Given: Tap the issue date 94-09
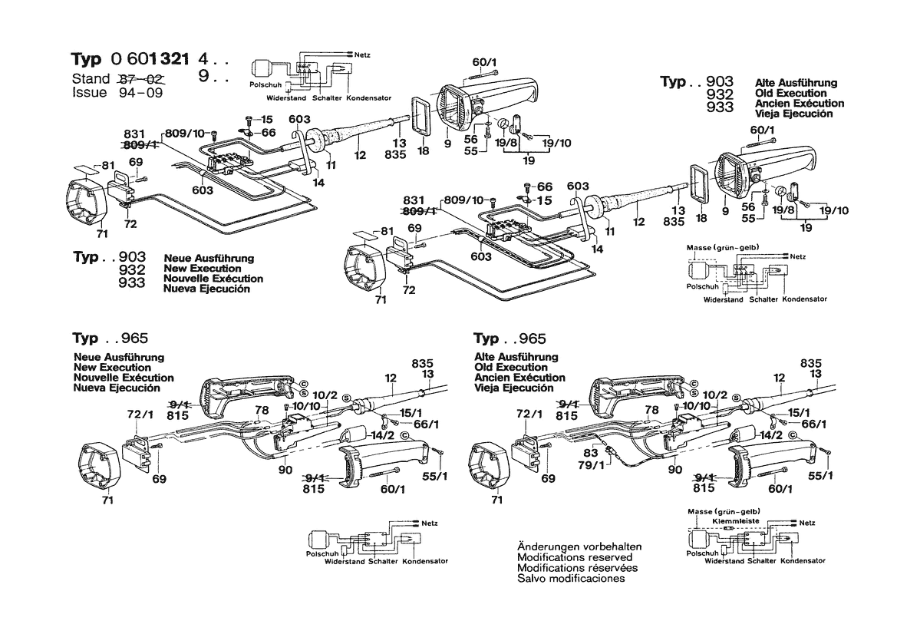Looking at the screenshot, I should pyautogui.click(x=143, y=92).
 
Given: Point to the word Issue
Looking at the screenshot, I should pyautogui.click(x=90, y=92).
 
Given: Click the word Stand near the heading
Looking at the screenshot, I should pyautogui.click(x=91, y=79).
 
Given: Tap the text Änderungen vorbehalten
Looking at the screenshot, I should pyautogui.click(x=579, y=546).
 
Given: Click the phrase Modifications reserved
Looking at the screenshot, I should pyautogui.click(x=575, y=557).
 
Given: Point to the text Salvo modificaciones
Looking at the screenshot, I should pyautogui.click(x=571, y=578).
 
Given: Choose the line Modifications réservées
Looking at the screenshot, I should pyautogui.click(x=577, y=568).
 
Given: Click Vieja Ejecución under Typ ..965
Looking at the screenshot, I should pyautogui.click(x=513, y=388).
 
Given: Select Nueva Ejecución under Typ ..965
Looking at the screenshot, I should pyautogui.click(x=117, y=388).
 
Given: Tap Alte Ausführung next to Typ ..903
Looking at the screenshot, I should pyautogui.click(x=796, y=83).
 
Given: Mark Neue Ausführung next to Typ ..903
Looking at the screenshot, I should pyautogui.click(x=209, y=259).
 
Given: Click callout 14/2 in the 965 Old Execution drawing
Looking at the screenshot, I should pyautogui.click(x=769, y=435).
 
